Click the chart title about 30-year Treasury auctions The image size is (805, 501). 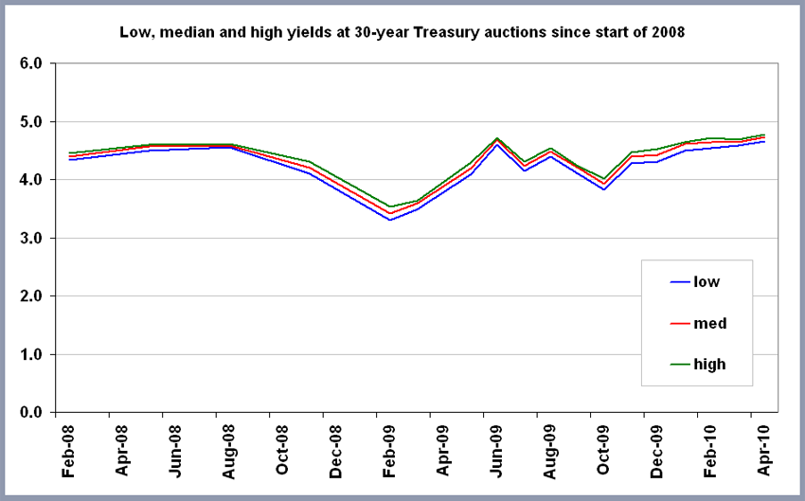coord(402,32)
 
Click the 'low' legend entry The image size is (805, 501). coord(707,281)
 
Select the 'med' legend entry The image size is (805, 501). coord(709,323)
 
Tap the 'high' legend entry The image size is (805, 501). coord(709,364)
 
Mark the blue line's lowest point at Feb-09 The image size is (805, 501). coord(390,220)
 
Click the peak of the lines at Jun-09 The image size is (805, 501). coord(497,140)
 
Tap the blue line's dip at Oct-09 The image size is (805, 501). coord(603,189)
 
